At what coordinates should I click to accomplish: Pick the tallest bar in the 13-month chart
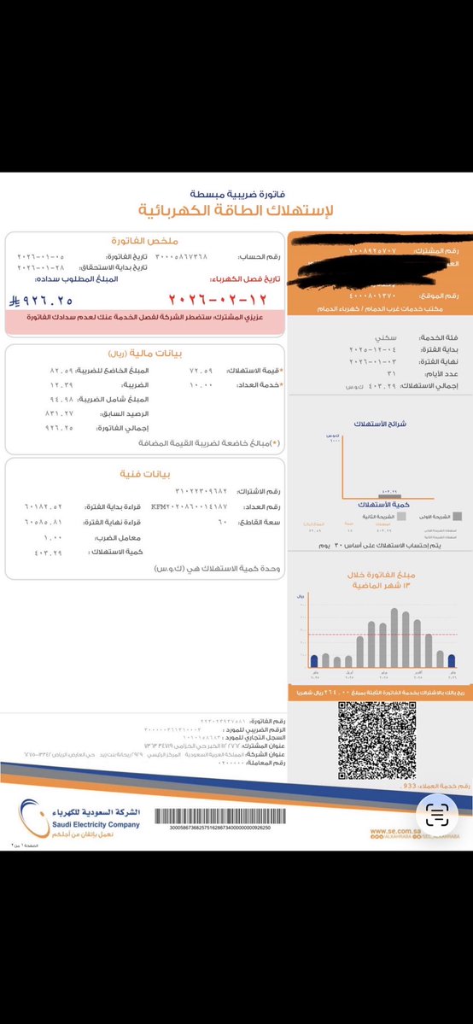394,636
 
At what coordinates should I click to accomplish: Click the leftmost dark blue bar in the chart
314,659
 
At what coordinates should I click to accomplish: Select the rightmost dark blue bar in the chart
452,659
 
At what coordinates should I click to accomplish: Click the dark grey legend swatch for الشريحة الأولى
458,518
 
